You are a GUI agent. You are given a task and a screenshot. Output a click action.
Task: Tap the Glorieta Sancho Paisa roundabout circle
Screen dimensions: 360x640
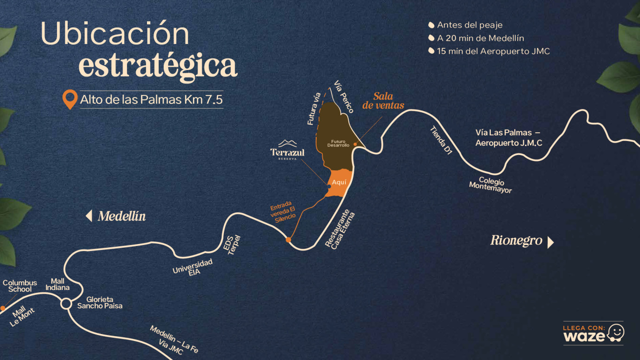(66, 304)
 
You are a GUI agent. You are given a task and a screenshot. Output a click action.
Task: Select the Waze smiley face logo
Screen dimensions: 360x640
(616, 333)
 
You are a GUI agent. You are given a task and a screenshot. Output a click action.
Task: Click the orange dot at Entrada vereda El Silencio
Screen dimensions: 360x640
(288, 240)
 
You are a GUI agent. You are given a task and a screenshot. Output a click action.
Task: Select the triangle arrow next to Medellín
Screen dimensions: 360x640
(89, 216)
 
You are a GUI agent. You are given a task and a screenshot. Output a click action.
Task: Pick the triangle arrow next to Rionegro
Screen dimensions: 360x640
(550, 242)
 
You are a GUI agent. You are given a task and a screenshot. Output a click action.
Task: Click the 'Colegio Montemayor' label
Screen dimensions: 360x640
(491, 184)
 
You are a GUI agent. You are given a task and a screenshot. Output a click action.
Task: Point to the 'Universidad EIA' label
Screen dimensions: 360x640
(193, 267)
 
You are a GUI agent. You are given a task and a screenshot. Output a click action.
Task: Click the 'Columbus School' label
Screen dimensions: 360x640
(20, 286)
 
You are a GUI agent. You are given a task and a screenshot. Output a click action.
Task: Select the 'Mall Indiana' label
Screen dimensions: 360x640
(58, 284)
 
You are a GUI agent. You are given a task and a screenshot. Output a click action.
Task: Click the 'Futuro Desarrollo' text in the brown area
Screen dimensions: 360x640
(338, 143)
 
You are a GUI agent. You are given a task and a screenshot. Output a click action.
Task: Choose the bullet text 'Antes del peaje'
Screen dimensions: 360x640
(469, 25)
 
